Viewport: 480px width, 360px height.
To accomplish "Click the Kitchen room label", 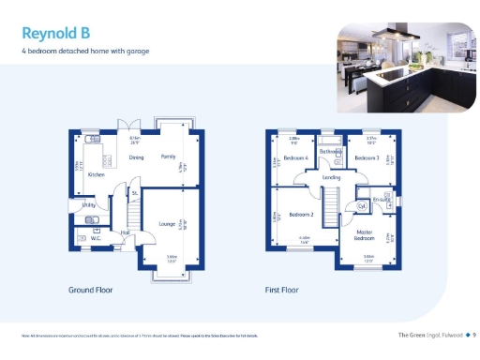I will (96, 175).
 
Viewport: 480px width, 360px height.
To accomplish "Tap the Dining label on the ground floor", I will (136, 158).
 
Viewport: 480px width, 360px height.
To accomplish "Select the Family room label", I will (168, 158).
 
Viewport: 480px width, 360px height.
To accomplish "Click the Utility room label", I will (89, 203).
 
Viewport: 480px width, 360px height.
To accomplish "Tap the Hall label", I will (125, 232).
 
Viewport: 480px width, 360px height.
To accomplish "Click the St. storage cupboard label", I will (135, 192).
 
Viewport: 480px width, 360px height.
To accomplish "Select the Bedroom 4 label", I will (296, 159).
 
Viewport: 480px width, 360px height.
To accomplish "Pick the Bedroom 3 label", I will (366, 159).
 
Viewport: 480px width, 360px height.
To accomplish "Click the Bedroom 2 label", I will (300, 214).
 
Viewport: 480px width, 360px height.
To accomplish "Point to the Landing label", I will (331, 177).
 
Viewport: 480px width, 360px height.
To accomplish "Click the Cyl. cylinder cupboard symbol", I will (361, 206).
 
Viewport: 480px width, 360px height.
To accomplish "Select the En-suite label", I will (382, 200).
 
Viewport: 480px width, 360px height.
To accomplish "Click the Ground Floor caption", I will (90, 291).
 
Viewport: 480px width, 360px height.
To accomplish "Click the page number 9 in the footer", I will (474, 335).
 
